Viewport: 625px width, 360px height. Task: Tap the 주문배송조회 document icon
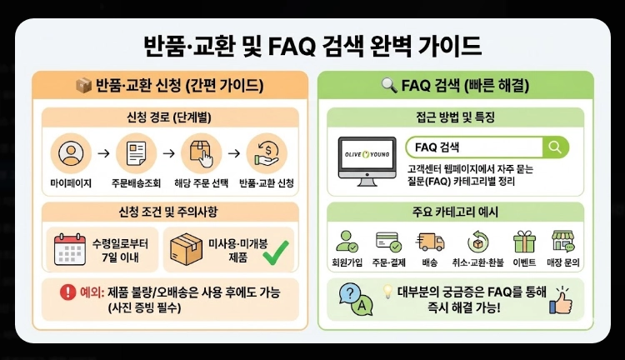pyautogui.click(x=135, y=153)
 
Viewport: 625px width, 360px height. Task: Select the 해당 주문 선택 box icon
pyautogui.click(x=201, y=153)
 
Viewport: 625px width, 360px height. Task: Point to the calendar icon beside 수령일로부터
pyautogui.click(x=69, y=250)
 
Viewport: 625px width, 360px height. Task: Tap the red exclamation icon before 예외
pyautogui.click(x=67, y=292)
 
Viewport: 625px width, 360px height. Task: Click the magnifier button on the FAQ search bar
pyautogui.click(x=554, y=147)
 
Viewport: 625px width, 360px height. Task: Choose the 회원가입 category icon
pyautogui.click(x=347, y=242)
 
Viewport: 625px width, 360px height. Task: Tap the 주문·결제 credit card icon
pyautogui.click(x=388, y=242)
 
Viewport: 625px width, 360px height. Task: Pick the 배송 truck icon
pyautogui.click(x=431, y=242)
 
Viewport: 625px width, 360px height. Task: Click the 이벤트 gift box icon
pyautogui.click(x=524, y=242)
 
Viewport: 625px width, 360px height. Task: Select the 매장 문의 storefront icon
pyautogui.click(x=564, y=242)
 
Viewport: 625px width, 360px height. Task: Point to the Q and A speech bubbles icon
pyautogui.click(x=355, y=300)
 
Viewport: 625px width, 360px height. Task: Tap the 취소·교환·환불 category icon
pyautogui.click(x=478, y=242)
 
